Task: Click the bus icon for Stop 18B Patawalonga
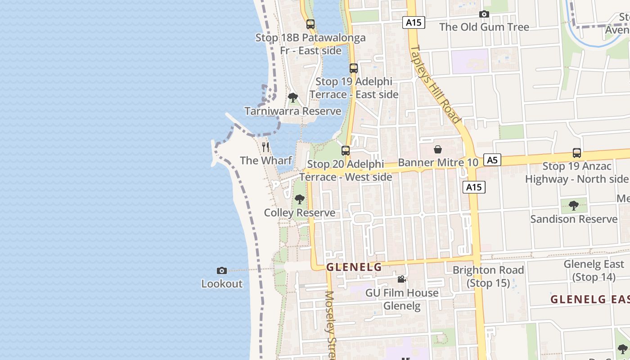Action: pyautogui.click(x=310, y=24)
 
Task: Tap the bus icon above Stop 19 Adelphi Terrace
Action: pyautogui.click(x=354, y=68)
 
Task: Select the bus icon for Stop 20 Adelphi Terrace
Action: pyautogui.click(x=346, y=151)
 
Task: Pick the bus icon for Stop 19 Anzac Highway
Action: pyautogui.click(x=577, y=153)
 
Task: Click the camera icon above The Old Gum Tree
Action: pyautogui.click(x=484, y=14)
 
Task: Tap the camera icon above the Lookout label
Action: pyautogui.click(x=221, y=270)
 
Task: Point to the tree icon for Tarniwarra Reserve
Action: pyautogui.click(x=293, y=97)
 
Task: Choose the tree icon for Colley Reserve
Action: pyautogui.click(x=299, y=199)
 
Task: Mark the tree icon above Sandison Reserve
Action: pyautogui.click(x=574, y=206)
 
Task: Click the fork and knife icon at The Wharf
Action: pyautogui.click(x=265, y=147)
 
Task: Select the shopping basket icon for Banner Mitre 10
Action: pyautogui.click(x=438, y=149)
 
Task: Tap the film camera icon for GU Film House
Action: pyautogui.click(x=401, y=279)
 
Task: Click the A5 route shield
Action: pyautogui.click(x=493, y=160)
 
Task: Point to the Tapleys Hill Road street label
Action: pyautogui.click(x=436, y=84)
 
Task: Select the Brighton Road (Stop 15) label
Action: pyautogui.click(x=488, y=276)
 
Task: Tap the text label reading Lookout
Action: pyautogui.click(x=222, y=284)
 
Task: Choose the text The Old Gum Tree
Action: pyautogui.click(x=484, y=27)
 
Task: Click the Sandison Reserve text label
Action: pyautogui.click(x=574, y=219)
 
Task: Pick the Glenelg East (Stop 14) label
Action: pyautogui.click(x=594, y=270)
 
